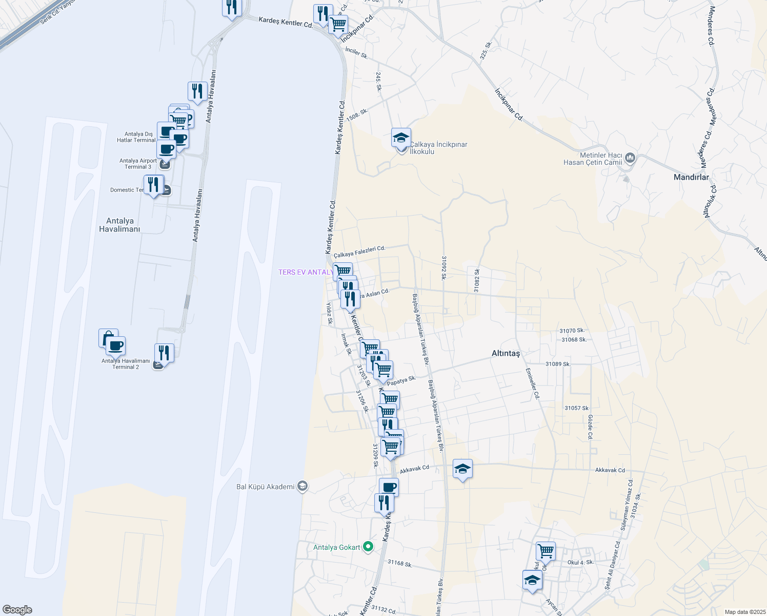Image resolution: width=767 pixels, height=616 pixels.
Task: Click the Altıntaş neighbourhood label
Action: (x=506, y=353)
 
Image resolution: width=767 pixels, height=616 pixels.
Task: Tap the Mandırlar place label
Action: (x=691, y=177)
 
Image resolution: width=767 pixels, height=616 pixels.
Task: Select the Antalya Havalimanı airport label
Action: (x=119, y=225)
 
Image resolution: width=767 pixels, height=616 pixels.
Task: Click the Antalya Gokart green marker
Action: (x=368, y=547)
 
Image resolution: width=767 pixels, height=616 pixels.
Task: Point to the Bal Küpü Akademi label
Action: (x=266, y=487)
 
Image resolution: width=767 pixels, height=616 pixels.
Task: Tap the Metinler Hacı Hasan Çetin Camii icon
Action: (x=630, y=158)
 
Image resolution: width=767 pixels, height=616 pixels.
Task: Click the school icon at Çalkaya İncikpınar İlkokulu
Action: (x=401, y=138)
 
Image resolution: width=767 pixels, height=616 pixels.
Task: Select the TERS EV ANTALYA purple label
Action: (x=306, y=272)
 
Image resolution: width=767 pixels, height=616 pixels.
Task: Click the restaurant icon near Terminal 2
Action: (x=164, y=353)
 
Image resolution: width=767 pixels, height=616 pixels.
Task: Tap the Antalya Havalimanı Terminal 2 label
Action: (x=126, y=364)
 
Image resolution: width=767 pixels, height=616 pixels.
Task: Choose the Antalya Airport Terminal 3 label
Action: (x=138, y=164)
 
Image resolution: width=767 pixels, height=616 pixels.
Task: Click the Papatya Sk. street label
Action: (x=401, y=381)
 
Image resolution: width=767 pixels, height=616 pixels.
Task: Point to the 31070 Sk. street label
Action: (x=572, y=331)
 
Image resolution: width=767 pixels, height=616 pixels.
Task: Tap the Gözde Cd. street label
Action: (x=590, y=428)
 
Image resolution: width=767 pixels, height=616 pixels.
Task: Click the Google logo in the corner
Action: (x=17, y=610)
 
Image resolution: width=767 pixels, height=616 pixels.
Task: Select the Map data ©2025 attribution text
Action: (x=744, y=612)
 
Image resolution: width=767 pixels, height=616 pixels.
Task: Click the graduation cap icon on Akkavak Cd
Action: (x=462, y=469)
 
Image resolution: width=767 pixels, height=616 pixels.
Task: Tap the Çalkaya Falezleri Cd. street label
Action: (x=359, y=252)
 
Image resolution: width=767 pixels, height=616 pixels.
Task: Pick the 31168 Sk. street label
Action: (x=400, y=563)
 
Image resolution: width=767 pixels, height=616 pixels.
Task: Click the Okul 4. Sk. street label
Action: (x=580, y=562)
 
